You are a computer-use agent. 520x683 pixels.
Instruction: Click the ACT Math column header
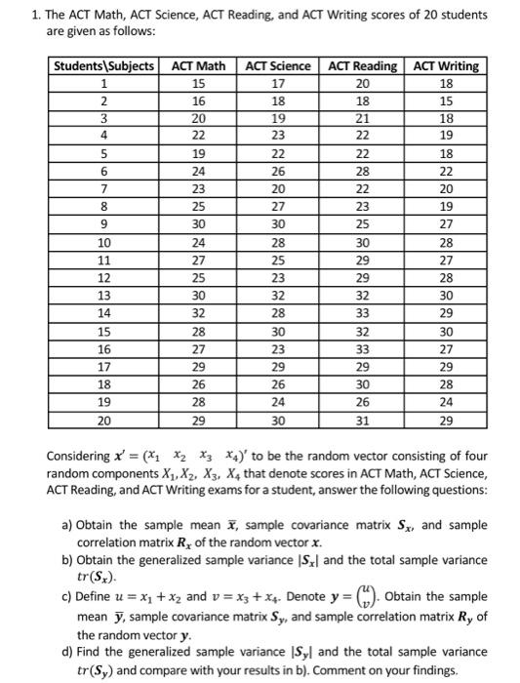click(198, 66)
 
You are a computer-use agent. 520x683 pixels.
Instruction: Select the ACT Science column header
click(278, 66)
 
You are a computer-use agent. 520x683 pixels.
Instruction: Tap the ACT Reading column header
click(362, 66)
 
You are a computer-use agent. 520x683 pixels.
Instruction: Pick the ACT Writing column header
click(445, 66)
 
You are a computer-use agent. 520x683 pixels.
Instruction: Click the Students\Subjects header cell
click(103, 66)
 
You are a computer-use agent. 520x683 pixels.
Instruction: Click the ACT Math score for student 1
click(198, 83)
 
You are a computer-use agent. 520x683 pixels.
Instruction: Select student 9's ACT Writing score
click(445, 222)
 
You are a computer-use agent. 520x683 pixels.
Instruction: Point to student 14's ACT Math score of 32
click(198, 311)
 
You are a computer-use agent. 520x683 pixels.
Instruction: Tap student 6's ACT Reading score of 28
click(362, 170)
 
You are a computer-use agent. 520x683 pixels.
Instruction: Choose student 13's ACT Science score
click(278, 294)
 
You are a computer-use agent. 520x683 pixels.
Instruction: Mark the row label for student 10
click(103, 241)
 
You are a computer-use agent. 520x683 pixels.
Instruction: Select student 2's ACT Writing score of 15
click(445, 100)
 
